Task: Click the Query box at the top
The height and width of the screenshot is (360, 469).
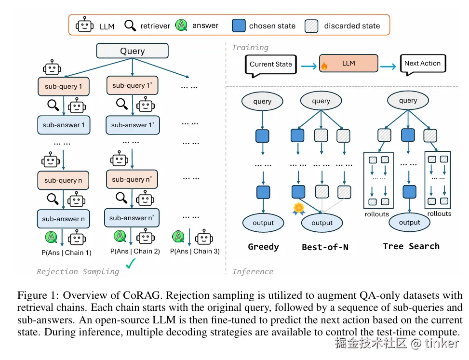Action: (x=133, y=51)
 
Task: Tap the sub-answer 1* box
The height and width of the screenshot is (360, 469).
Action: (x=132, y=125)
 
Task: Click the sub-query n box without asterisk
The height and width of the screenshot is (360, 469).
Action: (x=63, y=180)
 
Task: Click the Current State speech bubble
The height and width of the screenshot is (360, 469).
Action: (x=271, y=64)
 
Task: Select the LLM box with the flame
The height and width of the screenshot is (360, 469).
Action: (x=348, y=64)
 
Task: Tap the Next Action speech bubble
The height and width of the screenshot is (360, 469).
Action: (x=422, y=64)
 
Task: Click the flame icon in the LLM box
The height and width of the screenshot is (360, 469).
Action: (x=324, y=66)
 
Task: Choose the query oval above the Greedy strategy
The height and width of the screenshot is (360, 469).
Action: (x=262, y=101)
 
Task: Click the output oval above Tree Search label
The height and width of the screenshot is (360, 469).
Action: (x=409, y=222)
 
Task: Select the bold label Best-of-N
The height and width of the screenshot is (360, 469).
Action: (x=325, y=247)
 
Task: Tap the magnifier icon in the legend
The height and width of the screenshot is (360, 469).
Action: (x=130, y=25)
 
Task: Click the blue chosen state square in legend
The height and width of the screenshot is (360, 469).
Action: (x=239, y=26)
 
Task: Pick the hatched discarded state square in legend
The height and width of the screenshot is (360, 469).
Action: (x=312, y=26)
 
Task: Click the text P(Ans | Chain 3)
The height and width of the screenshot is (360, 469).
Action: (x=195, y=251)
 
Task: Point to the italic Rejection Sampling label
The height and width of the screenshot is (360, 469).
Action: (x=78, y=271)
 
